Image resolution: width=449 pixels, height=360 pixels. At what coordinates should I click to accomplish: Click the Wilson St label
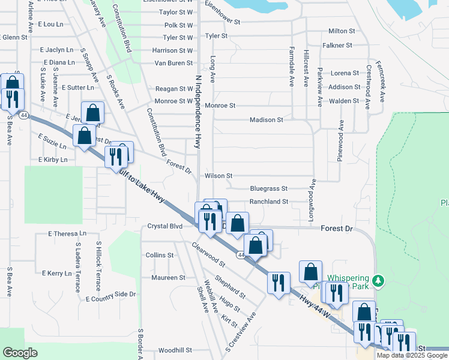pyautogui.click(x=218, y=176)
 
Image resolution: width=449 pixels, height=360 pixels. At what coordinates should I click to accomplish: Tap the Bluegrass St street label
pyautogui.click(x=269, y=188)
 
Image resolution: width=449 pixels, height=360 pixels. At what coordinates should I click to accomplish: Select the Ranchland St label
pyautogui.click(x=269, y=202)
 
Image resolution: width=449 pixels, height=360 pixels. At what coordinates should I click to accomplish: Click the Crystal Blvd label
pyautogui.click(x=164, y=226)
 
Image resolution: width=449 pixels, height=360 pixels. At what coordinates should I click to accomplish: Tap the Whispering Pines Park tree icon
pyautogui.click(x=378, y=280)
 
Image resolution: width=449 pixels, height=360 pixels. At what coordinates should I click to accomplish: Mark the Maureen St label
pyautogui.click(x=168, y=278)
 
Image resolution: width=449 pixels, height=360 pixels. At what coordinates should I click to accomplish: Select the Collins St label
pyautogui.click(x=160, y=255)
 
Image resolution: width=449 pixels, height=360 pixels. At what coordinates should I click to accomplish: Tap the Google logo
pyautogui.click(x=20, y=353)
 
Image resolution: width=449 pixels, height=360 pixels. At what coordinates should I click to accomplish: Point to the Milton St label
pyautogui.click(x=342, y=31)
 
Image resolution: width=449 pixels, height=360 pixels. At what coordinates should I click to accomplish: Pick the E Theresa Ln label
pyautogui.click(x=62, y=233)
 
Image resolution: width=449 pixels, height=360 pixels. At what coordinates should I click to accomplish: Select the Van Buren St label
pyautogui.click(x=173, y=62)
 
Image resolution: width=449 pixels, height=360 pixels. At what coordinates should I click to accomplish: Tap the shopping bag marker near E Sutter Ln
pyautogui.click(x=93, y=113)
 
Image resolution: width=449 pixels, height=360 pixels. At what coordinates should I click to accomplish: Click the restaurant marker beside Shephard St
pyautogui.click(x=279, y=283)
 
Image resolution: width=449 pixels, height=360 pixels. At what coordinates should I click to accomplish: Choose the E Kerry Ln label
pyautogui.click(x=56, y=273)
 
